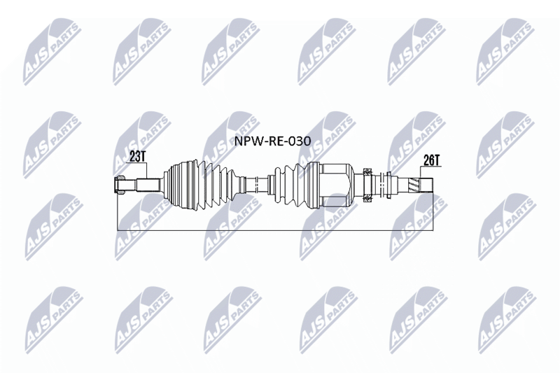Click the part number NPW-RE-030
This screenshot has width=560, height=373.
[x=272, y=141]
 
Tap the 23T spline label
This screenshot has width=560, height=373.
[x=137, y=157]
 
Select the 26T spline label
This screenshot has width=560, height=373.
[x=431, y=160]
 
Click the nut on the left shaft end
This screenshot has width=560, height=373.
[x=120, y=185]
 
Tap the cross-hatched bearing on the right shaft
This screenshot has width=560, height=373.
[x=367, y=185]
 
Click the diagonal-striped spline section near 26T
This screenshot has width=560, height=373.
[x=414, y=185]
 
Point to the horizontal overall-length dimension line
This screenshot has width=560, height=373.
[x=275, y=230]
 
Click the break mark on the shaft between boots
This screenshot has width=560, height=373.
[x=256, y=185]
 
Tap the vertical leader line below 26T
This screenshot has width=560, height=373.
[x=420, y=172]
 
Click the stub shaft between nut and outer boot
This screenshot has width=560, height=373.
[x=148, y=185]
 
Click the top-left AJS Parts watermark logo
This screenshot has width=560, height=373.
[x=52, y=52]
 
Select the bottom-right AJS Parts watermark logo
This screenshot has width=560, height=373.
[x=507, y=320]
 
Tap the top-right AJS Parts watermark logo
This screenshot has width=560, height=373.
[x=505, y=52]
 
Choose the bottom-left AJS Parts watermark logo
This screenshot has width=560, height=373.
[x=55, y=320]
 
